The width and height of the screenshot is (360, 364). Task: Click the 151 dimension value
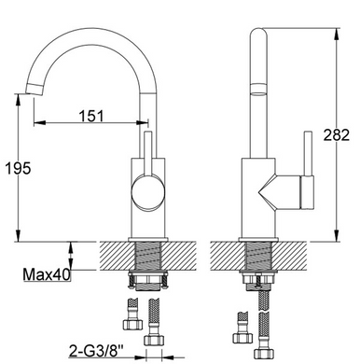click(x=90, y=116)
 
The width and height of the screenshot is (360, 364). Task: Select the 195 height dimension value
click(x=19, y=168)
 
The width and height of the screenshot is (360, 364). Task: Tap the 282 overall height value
click(x=337, y=135)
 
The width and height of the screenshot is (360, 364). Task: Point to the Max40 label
click(x=47, y=274)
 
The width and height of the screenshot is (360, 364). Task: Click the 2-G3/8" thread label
click(x=96, y=352)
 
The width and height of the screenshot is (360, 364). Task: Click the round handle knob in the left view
click(x=147, y=190)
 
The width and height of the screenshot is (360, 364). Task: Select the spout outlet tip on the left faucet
click(x=34, y=90)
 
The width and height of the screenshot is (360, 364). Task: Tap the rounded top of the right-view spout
click(x=258, y=33)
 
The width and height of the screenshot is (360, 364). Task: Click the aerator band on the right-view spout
click(x=258, y=89)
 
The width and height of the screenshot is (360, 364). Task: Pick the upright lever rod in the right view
click(x=309, y=153)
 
